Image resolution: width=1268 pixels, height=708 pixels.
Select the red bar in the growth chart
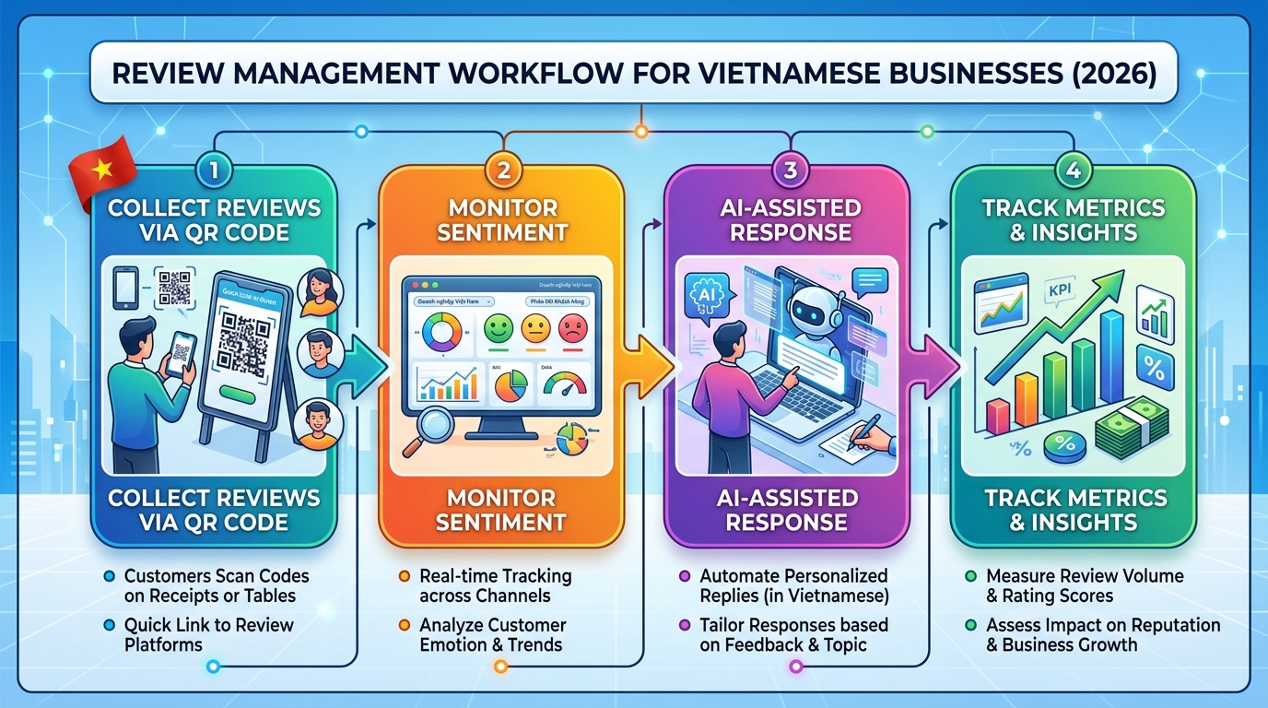998,415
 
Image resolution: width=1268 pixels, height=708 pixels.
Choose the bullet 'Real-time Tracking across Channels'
496,585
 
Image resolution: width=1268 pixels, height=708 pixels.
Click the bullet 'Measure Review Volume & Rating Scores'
1085,585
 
